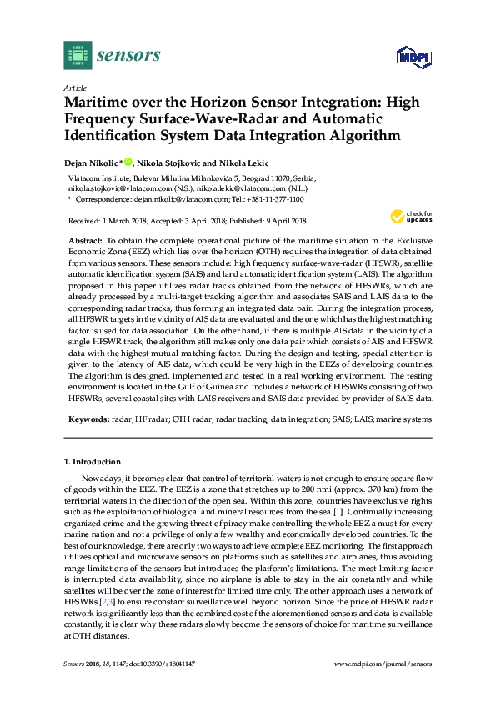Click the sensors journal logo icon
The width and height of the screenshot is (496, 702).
coord(78,55)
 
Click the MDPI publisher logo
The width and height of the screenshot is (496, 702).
coord(412,56)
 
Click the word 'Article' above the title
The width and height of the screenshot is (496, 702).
coord(74,88)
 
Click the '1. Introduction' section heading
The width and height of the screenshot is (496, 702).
coord(92,461)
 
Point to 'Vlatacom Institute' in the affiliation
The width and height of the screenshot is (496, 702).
coord(96,178)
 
